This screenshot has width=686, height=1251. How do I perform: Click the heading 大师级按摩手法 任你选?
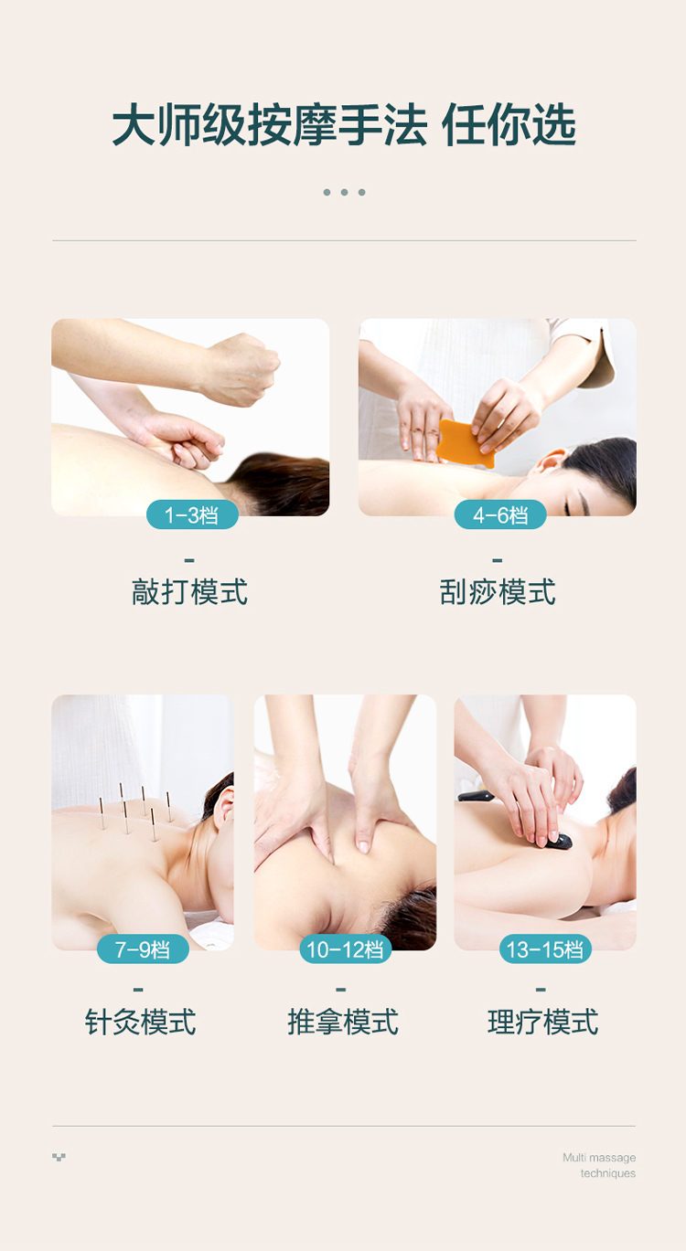pyautogui.click(x=344, y=124)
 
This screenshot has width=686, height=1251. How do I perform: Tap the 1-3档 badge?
pyautogui.click(x=192, y=514)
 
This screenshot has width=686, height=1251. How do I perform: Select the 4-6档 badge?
pyautogui.click(x=499, y=514)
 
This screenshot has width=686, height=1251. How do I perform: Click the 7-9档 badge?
pyautogui.click(x=143, y=949)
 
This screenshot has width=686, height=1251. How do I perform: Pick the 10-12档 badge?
pyautogui.click(x=345, y=949)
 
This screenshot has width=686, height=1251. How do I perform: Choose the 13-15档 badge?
pyautogui.click(x=544, y=949)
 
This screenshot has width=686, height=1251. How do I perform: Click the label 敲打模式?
pyautogui.click(x=189, y=592)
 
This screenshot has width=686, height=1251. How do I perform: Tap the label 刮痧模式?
pyautogui.click(x=497, y=592)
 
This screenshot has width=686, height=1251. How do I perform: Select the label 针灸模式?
pyautogui.click(x=140, y=1022)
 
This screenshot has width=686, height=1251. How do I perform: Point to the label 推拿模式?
pyautogui.click(x=343, y=1022)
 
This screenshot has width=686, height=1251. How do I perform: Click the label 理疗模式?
pyautogui.click(x=543, y=1022)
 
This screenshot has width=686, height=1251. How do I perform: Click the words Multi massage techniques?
pyautogui.click(x=599, y=1165)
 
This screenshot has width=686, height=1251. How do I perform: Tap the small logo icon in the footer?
pyautogui.click(x=59, y=1157)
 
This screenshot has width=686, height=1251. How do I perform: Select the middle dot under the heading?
pyautogui.click(x=345, y=192)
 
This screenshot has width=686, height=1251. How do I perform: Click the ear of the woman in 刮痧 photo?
pyautogui.click(x=550, y=461)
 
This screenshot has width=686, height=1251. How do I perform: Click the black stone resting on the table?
pyautogui.click(x=476, y=795)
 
